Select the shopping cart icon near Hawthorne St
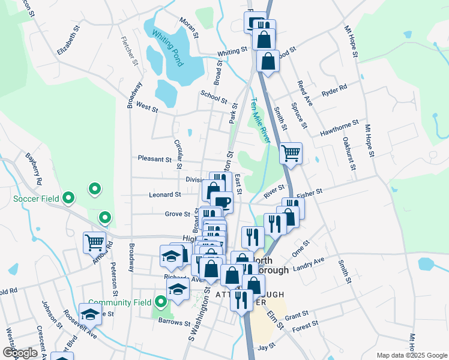pyautogui.click(x=291, y=154)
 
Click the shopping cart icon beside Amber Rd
pyautogui.click(x=95, y=242)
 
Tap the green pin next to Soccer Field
pyautogui.click(x=68, y=197)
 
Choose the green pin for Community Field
pyautogui.click(x=160, y=302)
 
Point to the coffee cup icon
pyautogui.click(x=221, y=202)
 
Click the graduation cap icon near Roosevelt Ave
pyautogui.click(x=90, y=314)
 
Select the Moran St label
pyautogui.click(x=188, y=27)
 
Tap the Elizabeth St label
pyautogui.click(x=68, y=40)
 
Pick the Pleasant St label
pyautogui.click(x=154, y=159)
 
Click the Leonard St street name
pyautogui.click(x=165, y=194)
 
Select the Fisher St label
pyautogui.click(x=310, y=192)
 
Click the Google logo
pyautogui.click(x=20, y=352)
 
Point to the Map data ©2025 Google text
pyautogui.click(x=411, y=355)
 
